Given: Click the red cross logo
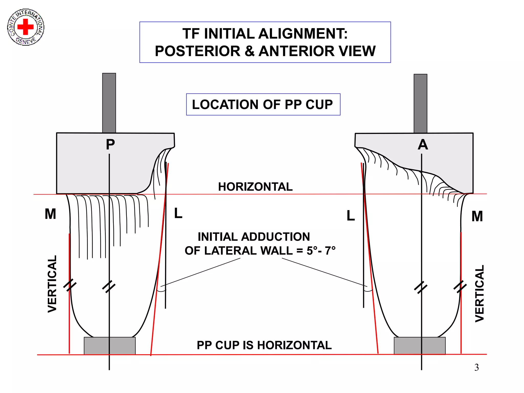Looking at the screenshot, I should point(26,27).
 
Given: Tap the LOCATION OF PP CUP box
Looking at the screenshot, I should point(263,104).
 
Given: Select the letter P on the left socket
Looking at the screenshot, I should point(110,145).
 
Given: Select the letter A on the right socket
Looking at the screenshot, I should point(423,145).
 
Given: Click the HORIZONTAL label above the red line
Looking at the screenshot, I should point(255,187).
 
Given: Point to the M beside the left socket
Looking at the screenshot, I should point(50,214).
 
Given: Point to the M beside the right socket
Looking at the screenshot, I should point(477,216).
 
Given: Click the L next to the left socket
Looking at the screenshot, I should point(178,213).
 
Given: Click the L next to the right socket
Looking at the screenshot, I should point(351,216).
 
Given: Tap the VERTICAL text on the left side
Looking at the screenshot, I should point(52,284).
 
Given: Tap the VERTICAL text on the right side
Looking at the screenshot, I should point(479,293).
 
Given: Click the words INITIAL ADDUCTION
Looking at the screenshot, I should point(254,237).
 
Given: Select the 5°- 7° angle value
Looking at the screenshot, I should point(321,251).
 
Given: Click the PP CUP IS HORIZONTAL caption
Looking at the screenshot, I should point(264,345).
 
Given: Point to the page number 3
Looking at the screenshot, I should point(476,367).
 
